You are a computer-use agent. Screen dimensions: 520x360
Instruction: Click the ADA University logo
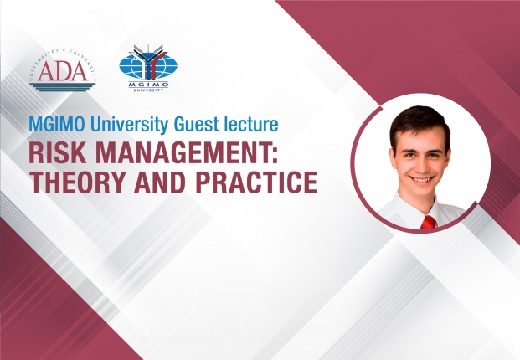pos(63,70)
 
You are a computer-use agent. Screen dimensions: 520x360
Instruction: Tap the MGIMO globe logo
pos(148,68)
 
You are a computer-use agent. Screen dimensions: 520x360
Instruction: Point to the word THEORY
pos(78,182)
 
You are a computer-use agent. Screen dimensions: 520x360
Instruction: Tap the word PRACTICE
pos(256,182)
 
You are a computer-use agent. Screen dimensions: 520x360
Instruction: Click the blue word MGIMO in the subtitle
pos(58,124)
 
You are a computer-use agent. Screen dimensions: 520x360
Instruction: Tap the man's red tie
pos(428,222)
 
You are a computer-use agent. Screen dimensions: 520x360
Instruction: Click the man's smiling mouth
pos(421,180)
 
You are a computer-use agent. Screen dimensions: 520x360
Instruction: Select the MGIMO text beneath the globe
pos(148,85)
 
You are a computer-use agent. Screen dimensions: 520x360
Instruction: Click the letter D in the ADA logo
pos(63,71)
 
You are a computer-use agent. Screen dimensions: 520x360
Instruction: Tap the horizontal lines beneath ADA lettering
pos(62,88)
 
